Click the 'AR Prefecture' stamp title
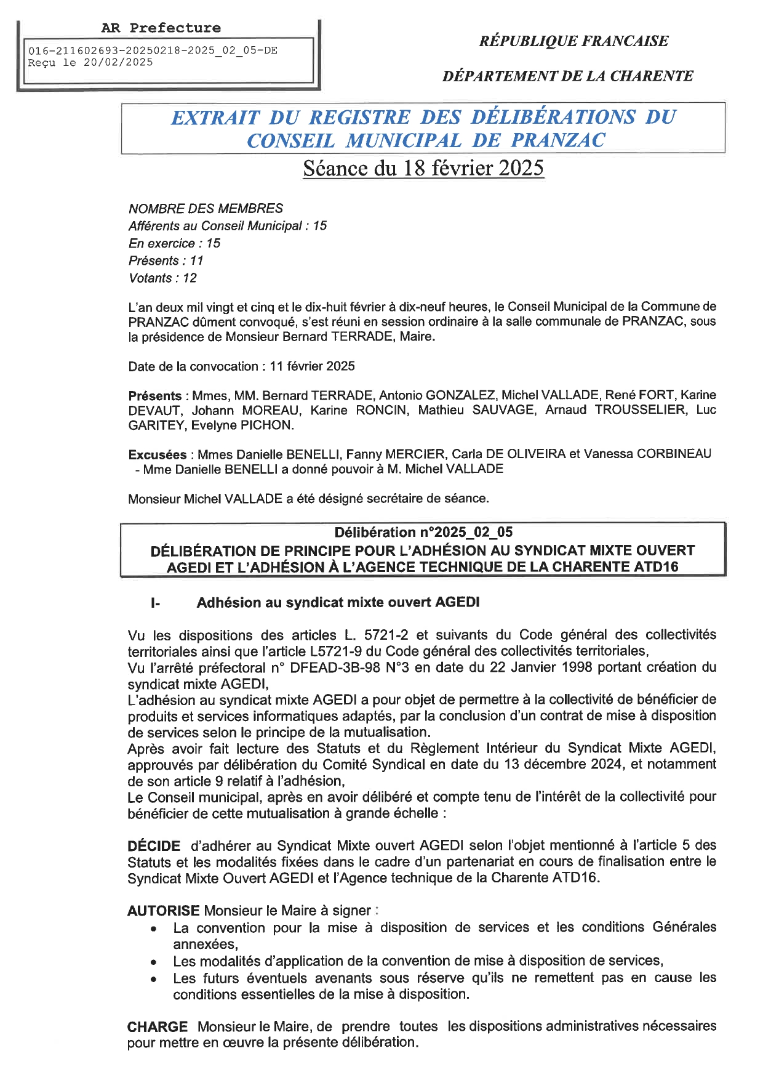click(x=161, y=28)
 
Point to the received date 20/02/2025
click(x=118, y=62)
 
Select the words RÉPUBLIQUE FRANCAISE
click(x=573, y=41)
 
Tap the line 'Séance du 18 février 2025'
click(x=423, y=168)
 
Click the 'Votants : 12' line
click(x=162, y=278)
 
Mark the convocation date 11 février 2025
click(x=312, y=366)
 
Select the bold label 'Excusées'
click(x=158, y=454)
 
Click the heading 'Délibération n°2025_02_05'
click(x=423, y=532)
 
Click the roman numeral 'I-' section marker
click(x=155, y=603)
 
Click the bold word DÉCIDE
click(x=154, y=846)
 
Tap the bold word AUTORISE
click(x=163, y=910)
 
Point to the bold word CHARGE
click(x=158, y=1026)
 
